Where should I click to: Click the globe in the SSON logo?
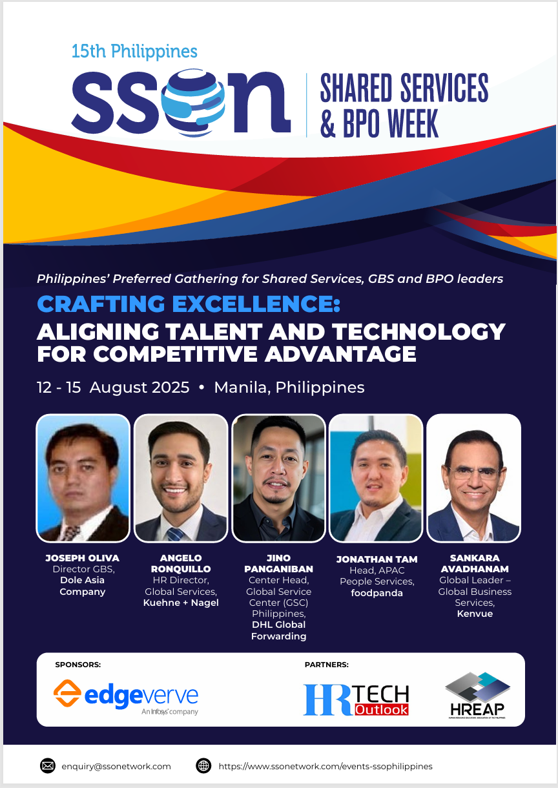pyautogui.click(x=193, y=102)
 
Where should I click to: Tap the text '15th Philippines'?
pyautogui.click(x=134, y=52)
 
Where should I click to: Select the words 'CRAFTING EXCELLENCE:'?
pyautogui.click(x=189, y=304)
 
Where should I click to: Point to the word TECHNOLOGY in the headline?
pyautogui.click(x=418, y=331)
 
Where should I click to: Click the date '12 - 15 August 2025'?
pyautogui.click(x=113, y=388)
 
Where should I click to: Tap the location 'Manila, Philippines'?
pyautogui.click(x=289, y=388)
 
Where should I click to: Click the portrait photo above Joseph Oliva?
pyautogui.click(x=83, y=478)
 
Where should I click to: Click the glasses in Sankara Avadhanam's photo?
pyautogui.click(x=474, y=472)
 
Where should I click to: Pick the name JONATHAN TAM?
pyautogui.click(x=377, y=559)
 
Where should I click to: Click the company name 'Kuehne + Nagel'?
pyautogui.click(x=181, y=603)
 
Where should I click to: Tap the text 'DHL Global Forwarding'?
pyautogui.click(x=278, y=630)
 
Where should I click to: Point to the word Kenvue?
pyautogui.click(x=475, y=614)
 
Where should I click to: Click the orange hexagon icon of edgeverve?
pyautogui.click(x=67, y=693)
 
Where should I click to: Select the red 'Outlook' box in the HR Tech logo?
pyautogui.click(x=382, y=710)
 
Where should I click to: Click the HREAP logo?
pyautogui.click(x=477, y=695)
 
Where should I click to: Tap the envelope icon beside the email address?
pyautogui.click(x=48, y=765)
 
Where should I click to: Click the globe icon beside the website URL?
pyautogui.click(x=203, y=765)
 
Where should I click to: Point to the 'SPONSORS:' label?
pyautogui.click(x=77, y=665)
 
